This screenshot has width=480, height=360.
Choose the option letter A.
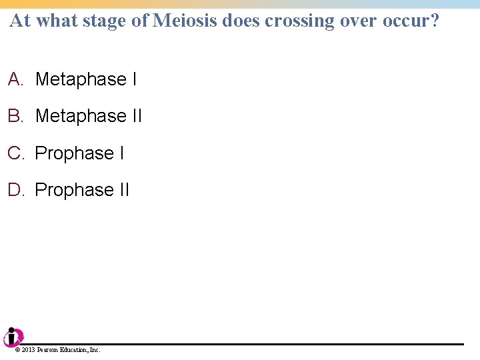click(x=15, y=79)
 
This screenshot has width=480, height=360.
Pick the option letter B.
click(x=15, y=116)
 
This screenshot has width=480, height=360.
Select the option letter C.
click(x=15, y=153)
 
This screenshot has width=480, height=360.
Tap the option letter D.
click(x=15, y=190)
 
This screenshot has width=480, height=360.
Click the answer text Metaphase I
click(x=85, y=79)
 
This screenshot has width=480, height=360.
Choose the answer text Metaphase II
click(x=88, y=116)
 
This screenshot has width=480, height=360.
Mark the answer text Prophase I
click(x=79, y=153)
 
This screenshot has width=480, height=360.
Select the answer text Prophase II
click(x=82, y=190)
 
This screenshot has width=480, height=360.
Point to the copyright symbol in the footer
click(x=17, y=350)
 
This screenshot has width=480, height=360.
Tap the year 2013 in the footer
click(x=28, y=350)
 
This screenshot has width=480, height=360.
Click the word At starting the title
click(x=20, y=21)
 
